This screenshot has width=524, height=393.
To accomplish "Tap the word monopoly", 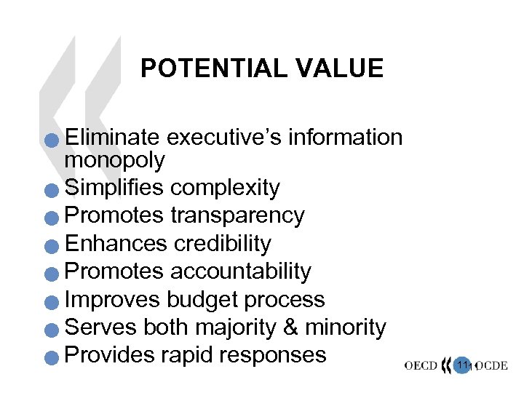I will [x=115, y=159].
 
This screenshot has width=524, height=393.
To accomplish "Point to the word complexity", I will [x=225, y=188].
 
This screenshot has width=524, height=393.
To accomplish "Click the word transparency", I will [x=237, y=215].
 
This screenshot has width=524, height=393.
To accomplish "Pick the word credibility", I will [x=222, y=243].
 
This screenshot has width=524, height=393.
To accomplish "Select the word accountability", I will [x=240, y=271].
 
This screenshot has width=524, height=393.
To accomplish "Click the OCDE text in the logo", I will [x=491, y=366].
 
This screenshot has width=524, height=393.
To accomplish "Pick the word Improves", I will [x=113, y=299].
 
